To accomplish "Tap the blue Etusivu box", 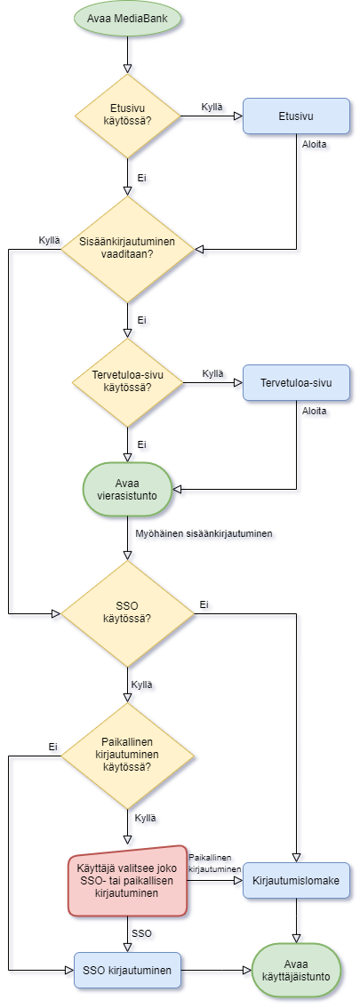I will pyautogui.click(x=296, y=116).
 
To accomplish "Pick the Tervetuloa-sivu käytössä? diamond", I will pyautogui.click(x=127, y=382).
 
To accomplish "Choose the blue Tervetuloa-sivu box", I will pyautogui.click(x=296, y=382).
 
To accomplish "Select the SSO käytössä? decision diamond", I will pyautogui.click(x=127, y=612).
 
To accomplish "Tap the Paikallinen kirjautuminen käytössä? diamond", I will pyautogui.click(x=127, y=756).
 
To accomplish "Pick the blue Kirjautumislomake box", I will pyautogui.click(x=296, y=880).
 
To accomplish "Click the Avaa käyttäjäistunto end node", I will pyautogui.click(x=296, y=969).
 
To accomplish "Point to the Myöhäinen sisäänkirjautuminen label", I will pyautogui.click(x=204, y=533).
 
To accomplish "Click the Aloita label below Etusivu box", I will pyautogui.click(x=314, y=144).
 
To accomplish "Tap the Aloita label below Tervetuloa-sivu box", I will pyautogui.click(x=314, y=411).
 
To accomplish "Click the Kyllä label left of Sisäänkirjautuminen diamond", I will pyautogui.click(x=49, y=241).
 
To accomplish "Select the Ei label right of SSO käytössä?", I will pyautogui.click(x=204, y=604).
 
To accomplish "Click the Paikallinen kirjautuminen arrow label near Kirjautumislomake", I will pyautogui.click(x=214, y=861).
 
